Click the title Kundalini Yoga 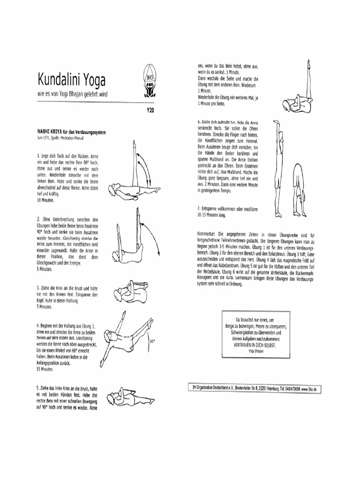point(72,78)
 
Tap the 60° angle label point(152,341)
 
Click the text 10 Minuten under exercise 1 point(45,200)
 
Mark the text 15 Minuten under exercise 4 point(45,369)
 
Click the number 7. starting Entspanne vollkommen point(199,208)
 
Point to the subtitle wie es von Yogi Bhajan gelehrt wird point(73,94)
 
